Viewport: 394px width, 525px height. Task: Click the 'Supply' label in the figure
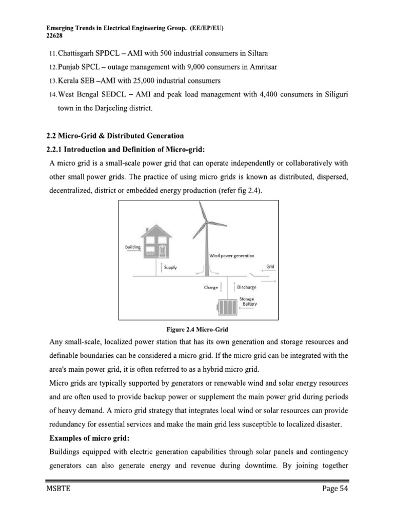point(171,268)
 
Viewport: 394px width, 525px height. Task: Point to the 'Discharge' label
point(246,288)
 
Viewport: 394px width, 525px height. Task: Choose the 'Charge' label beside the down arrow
point(211,288)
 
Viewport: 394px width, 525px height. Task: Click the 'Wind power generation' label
point(231,255)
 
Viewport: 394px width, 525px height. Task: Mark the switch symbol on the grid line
point(255,275)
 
